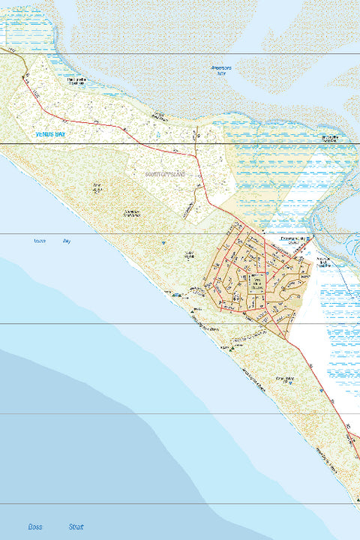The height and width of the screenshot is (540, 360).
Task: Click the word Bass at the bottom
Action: coord(34,526)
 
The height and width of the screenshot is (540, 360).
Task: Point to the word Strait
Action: coord(76,526)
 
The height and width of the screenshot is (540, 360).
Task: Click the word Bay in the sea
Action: coord(67,241)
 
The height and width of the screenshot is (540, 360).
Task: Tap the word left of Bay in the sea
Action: coord(40,241)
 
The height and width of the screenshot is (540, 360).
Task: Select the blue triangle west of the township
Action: coord(161,244)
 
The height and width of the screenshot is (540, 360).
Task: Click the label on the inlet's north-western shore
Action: coord(82,81)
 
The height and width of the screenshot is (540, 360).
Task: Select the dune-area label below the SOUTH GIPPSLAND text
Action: coord(132,213)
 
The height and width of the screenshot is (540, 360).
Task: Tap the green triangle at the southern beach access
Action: coord(232,347)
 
